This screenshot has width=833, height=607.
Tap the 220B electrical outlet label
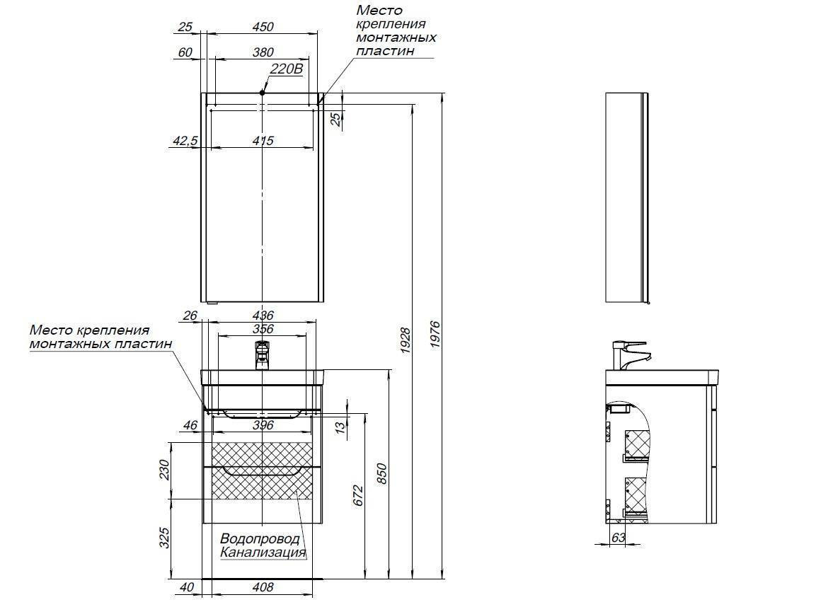point(286,69)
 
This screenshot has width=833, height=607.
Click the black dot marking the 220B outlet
point(262,92)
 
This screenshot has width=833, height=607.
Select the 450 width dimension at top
point(262,27)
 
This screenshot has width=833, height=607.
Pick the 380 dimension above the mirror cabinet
point(262,52)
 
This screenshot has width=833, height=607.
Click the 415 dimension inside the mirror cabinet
point(262,141)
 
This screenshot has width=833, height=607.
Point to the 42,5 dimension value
point(184,141)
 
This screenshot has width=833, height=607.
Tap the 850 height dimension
point(382,475)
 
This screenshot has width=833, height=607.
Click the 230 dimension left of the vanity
point(163,470)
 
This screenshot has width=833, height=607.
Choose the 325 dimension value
point(163,540)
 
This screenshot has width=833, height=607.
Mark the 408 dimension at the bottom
point(262,587)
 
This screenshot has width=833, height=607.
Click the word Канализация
point(263,553)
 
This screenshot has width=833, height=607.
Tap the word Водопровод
point(255,539)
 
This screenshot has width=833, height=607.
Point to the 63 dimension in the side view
point(618,538)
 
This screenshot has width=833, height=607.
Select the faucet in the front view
point(262,353)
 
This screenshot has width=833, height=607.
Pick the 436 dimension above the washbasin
point(262,316)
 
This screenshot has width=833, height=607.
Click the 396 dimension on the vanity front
point(262,425)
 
